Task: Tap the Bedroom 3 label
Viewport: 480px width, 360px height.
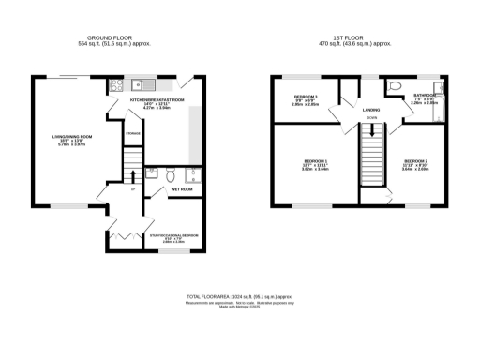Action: pos(306,99)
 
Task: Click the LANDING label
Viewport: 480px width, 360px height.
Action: pos(371,110)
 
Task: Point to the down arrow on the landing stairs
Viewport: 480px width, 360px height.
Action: pos(372,131)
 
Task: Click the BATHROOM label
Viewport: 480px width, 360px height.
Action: pos(424,97)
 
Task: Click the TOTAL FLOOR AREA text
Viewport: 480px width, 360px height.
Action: pos(240,296)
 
